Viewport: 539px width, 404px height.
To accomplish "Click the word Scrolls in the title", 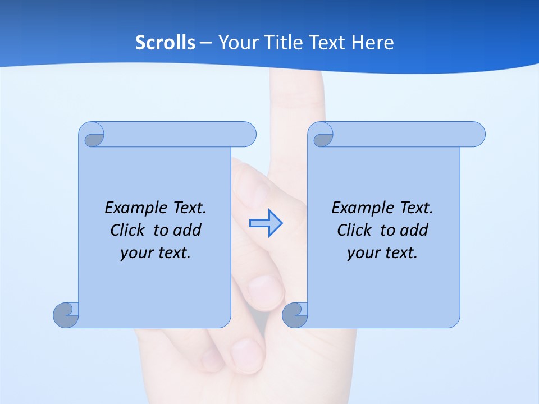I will (166, 43).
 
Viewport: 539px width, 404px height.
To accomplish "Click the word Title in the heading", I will (284, 43).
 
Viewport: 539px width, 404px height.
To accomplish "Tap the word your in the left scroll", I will (135, 253).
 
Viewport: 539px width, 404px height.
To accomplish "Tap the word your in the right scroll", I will (362, 253).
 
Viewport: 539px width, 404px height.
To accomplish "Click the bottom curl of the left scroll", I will (66, 315).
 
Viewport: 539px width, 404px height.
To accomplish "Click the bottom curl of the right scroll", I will (295, 315).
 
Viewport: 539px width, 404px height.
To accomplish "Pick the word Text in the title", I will (327, 43).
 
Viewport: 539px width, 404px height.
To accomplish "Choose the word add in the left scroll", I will (186, 230).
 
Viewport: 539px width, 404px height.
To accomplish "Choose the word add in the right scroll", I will (413, 230).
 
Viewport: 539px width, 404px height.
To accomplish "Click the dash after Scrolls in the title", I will (205, 43).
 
